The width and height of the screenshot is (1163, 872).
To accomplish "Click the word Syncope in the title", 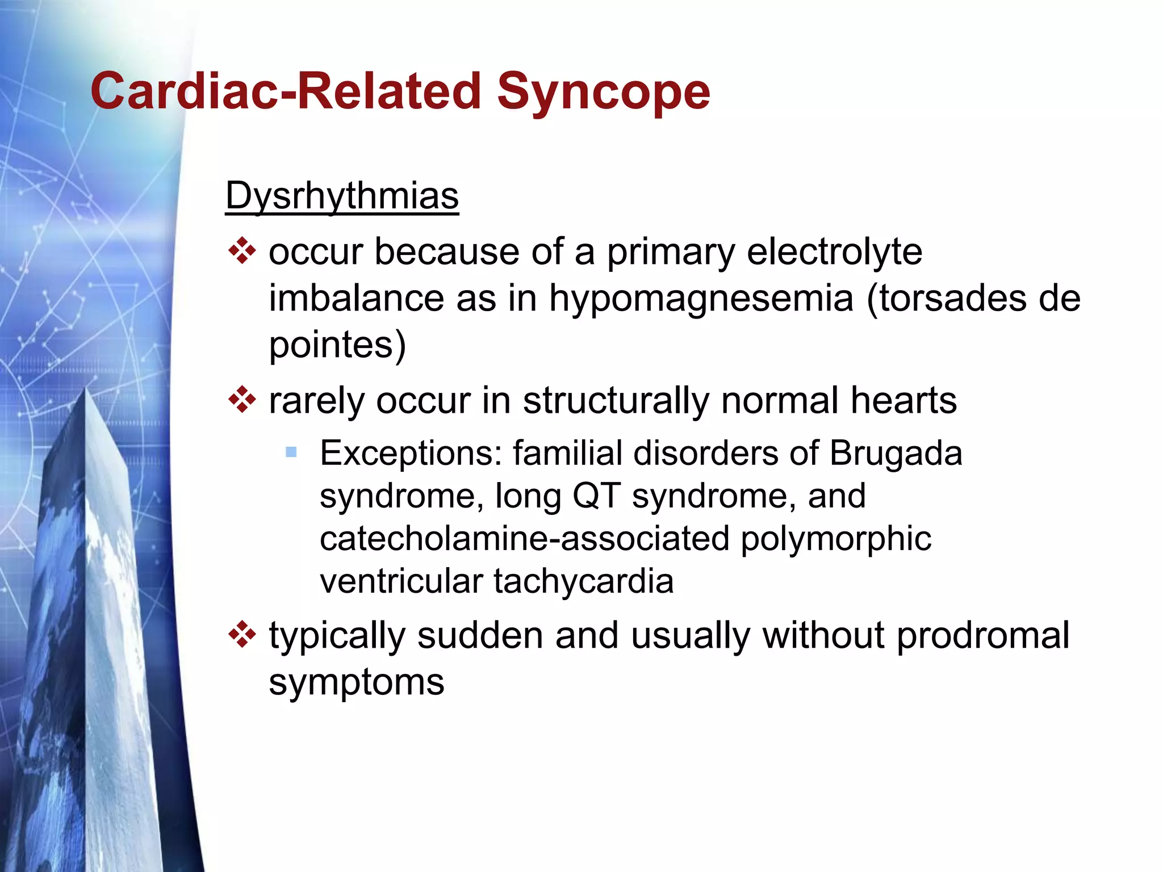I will pos(603,92).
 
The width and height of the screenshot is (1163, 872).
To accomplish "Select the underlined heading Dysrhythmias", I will pos(342,196).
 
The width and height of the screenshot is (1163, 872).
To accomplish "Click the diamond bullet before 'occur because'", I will pos(242,251).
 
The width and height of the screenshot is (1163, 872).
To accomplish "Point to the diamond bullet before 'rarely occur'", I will pos(242,400).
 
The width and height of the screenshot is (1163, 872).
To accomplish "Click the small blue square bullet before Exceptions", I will pos(291,452).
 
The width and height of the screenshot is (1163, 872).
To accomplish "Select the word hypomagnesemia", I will pos(701,298).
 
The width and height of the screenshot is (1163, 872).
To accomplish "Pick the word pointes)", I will pos(337,345).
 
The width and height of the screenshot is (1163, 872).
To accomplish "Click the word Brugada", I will pos(896,454).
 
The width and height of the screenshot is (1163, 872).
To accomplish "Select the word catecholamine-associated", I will pos(524,538).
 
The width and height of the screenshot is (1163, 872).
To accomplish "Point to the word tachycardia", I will pos(583,581).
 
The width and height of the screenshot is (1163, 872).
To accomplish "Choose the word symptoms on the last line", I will pos(356,682).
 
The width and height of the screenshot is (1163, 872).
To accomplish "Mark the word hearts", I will pos(903,400).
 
